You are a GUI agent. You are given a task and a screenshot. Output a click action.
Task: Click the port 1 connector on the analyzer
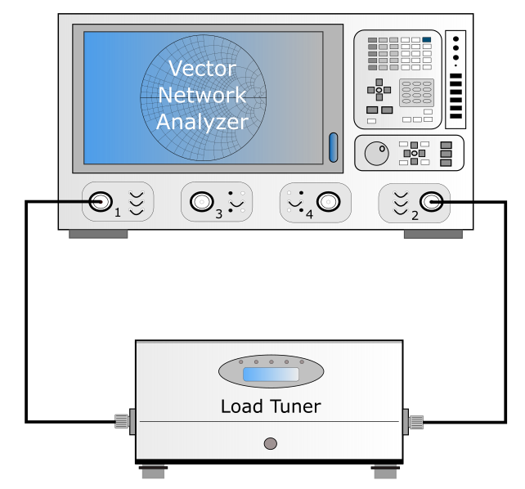pyautogui.click(x=100, y=201)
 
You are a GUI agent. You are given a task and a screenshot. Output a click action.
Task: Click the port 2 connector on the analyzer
pyautogui.click(x=431, y=202)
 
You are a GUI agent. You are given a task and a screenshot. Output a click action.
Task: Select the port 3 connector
pyautogui.click(x=202, y=202)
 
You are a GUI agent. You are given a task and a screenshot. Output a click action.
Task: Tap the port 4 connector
pyautogui.click(x=329, y=202)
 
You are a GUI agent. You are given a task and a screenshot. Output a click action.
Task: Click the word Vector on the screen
pyautogui.click(x=202, y=68)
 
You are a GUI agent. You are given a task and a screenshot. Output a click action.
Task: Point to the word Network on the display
pyautogui.click(x=202, y=95)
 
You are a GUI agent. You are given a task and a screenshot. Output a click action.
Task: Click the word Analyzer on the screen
pyautogui.click(x=202, y=122)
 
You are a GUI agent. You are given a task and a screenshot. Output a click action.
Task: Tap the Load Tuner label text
pyautogui.click(x=271, y=406)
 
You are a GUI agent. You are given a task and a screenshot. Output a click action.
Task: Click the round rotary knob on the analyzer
pyautogui.click(x=377, y=153)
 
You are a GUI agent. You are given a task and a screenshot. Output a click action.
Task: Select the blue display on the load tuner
pyautogui.click(x=271, y=375)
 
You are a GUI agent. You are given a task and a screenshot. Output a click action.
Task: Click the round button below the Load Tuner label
pyautogui.click(x=271, y=443)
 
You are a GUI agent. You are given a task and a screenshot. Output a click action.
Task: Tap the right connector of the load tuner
pyautogui.click(x=413, y=422)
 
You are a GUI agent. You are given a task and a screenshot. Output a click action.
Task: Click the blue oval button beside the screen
pyautogui.click(x=334, y=147)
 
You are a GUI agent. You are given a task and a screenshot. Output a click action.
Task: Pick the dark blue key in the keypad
pyautogui.click(x=427, y=39)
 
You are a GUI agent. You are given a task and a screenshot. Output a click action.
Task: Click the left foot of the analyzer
pyautogui.click(x=98, y=234)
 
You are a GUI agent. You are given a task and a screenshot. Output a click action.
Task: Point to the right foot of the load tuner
pyautogui.click(x=385, y=472)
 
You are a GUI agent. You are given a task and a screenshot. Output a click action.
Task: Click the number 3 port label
pyautogui.click(x=218, y=214)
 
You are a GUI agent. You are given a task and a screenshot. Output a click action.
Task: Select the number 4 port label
pyautogui.click(x=309, y=214)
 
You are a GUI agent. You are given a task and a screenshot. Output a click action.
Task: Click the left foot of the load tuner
pyautogui.click(x=154, y=472)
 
